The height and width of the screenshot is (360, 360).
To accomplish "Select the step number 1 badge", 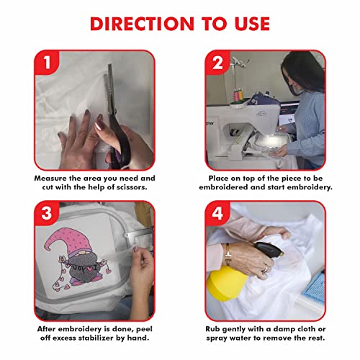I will point(48,64).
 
